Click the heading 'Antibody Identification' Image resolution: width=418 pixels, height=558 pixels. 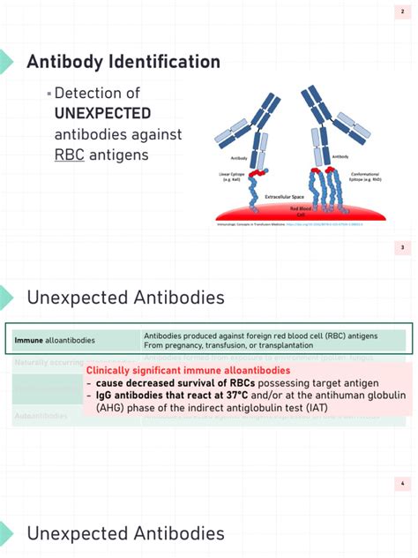click(123, 62)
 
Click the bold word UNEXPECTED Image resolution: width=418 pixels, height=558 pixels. click(102, 113)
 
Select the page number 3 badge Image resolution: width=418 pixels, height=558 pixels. click(402, 248)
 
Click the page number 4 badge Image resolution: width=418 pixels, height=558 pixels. click(402, 484)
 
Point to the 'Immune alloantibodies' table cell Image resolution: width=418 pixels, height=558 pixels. click(55, 340)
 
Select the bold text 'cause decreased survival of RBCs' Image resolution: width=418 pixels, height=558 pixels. click(158, 383)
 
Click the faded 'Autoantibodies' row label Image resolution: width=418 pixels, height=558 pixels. click(41, 416)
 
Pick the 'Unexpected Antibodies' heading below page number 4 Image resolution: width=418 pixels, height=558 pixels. click(125, 533)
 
